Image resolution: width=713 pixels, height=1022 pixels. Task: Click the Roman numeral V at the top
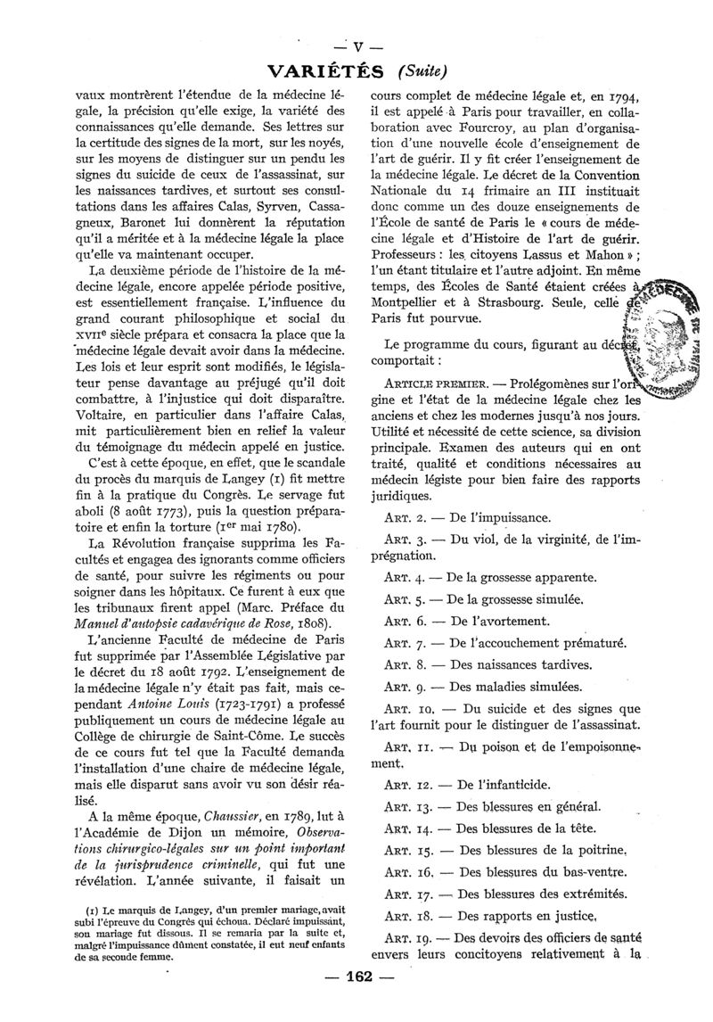coord(356,48)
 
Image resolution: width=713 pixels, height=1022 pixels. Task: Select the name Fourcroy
coord(462,129)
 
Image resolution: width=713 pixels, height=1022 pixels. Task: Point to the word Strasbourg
coord(530,303)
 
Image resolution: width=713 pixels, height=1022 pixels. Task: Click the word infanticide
coord(517,786)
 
